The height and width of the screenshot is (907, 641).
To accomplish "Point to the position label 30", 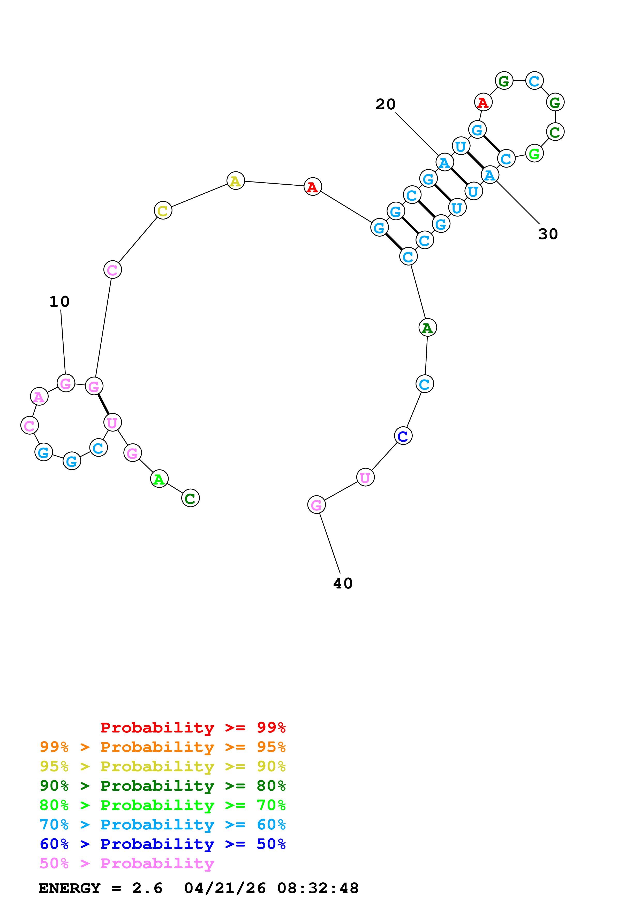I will click(x=548, y=234).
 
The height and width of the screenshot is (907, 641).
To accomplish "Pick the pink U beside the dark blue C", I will click(x=365, y=477).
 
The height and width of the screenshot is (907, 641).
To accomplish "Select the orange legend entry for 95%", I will click(x=162, y=747).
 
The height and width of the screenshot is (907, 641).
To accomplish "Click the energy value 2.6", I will click(x=147, y=888).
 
